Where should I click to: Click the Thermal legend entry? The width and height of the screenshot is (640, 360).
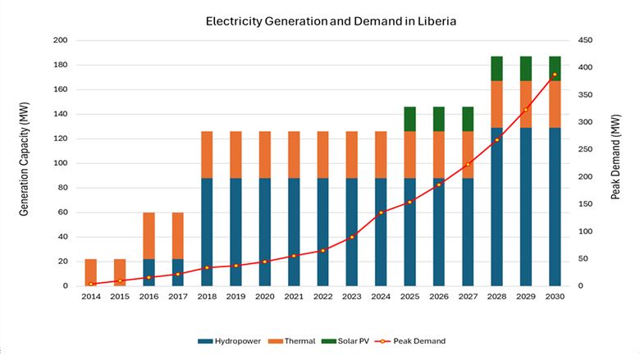point(296,340)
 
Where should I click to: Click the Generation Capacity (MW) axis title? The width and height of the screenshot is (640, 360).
point(24,163)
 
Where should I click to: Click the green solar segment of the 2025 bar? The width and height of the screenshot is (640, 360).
point(409,119)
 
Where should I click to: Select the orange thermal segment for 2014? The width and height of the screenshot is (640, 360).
point(90,272)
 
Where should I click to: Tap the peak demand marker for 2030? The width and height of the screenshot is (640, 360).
point(555,75)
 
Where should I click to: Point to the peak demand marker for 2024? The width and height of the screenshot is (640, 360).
point(381,212)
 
